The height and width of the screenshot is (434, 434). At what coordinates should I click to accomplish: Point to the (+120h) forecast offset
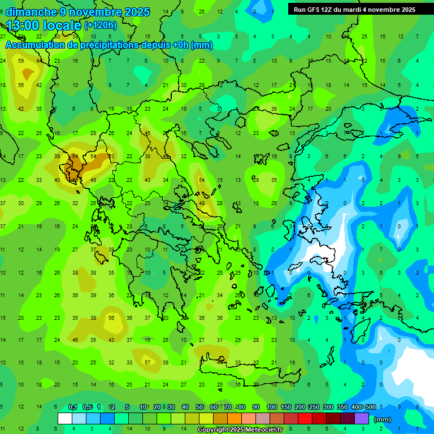coord(100,25)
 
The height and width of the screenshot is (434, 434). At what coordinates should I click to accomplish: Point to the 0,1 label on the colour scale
coord(72,407)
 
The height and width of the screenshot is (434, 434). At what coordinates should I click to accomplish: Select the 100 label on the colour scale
coord(272,407)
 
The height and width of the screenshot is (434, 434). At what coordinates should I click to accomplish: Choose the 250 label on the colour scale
coord(314,407)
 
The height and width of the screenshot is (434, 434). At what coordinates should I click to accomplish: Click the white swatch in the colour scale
coord(65,419)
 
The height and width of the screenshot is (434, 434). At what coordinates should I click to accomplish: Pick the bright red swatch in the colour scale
coord(305,419)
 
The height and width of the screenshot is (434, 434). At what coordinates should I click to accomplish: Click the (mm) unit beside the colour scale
coord(383,420)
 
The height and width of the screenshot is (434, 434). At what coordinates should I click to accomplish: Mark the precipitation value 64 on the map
coord(75,156)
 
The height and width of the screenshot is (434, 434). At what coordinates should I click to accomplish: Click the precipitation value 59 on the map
coord(21,60)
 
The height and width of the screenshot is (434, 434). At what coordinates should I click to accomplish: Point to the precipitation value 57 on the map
coord(147,362)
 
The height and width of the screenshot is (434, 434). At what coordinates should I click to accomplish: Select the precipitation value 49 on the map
coord(93,180)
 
